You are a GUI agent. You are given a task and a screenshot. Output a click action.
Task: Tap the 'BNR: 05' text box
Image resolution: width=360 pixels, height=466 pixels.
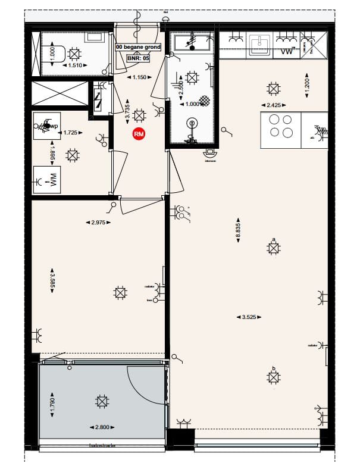click(137, 58)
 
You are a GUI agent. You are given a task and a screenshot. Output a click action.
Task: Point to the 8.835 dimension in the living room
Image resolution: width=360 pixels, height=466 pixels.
click(238, 231)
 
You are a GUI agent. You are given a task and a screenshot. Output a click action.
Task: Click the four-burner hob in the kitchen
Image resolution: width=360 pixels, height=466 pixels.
click(280, 126)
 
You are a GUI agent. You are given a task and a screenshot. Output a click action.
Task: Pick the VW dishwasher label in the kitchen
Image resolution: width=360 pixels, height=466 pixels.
click(286, 53)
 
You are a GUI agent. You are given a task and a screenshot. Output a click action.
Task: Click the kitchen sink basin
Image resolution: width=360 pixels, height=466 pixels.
click(259, 43)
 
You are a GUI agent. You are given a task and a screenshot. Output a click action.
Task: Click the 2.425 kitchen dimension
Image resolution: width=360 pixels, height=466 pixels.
click(273, 105)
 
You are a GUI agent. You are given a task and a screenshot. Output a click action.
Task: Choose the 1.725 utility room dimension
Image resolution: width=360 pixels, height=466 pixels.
click(71, 132)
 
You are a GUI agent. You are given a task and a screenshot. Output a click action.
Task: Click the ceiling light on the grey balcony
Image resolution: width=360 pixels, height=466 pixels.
click(102, 402)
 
